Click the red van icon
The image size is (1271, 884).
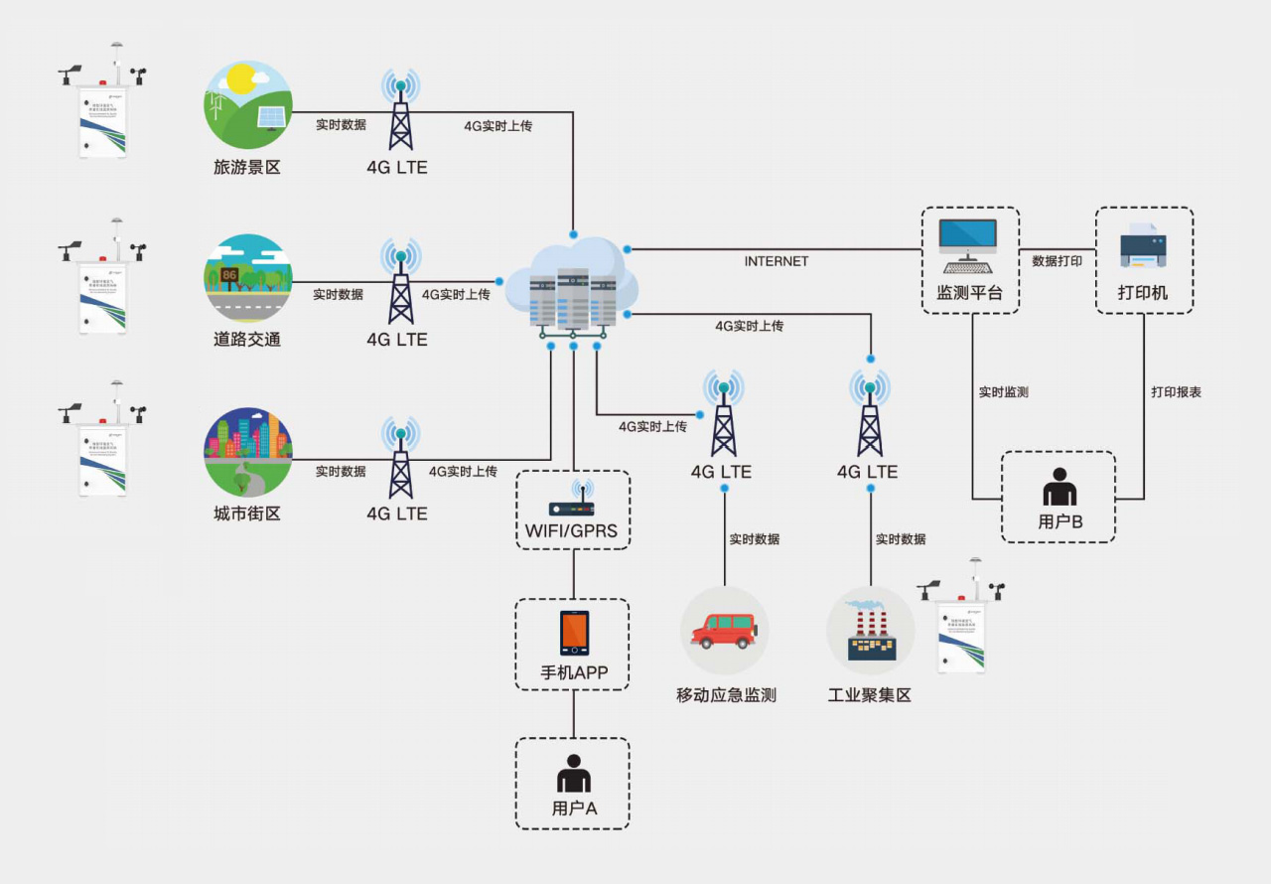(724, 630)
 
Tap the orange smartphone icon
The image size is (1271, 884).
(574, 633)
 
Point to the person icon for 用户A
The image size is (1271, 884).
(573, 775)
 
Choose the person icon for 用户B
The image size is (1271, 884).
(1059, 488)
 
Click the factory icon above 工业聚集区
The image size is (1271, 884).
(870, 632)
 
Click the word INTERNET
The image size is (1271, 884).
(777, 261)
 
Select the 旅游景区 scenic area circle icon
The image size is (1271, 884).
(247, 105)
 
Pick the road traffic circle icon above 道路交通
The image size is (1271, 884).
(247, 278)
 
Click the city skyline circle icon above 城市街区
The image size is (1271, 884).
(247, 452)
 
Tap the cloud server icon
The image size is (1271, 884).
(572, 284)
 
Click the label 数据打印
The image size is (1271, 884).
(1058, 261)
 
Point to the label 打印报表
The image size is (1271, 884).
(1177, 392)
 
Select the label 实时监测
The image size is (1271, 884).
(1004, 392)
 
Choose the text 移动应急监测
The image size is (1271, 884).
(726, 695)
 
